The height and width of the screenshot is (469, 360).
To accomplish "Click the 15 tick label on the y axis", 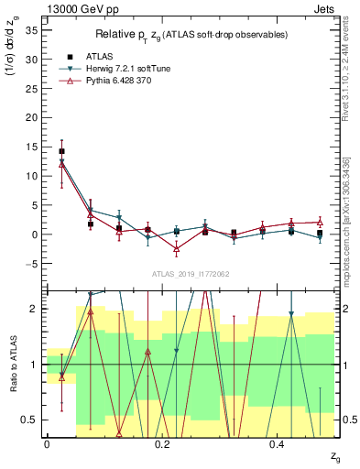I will click(31, 147).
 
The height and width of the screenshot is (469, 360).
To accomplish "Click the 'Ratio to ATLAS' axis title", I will click(12, 364).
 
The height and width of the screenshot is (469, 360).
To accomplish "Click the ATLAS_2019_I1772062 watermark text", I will click(191, 273).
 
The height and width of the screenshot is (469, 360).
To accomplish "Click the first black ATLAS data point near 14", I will click(61, 151).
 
